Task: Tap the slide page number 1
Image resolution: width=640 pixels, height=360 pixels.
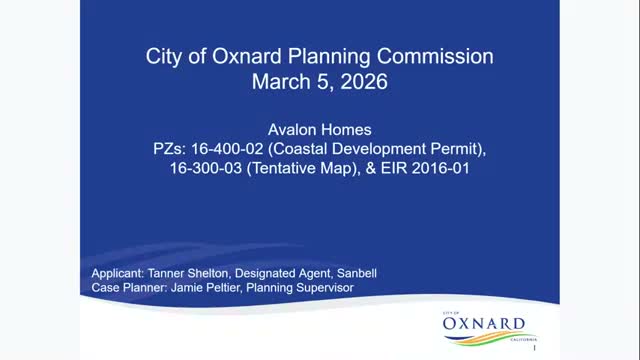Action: coord(536,350)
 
